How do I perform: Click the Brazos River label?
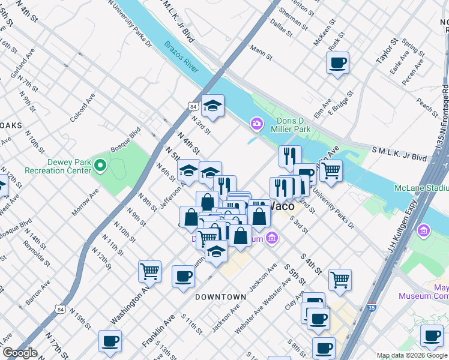pos(181,57)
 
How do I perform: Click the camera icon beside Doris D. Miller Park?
pos(257,124)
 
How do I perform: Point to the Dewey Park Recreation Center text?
pos(58,166)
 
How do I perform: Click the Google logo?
pos(20,353)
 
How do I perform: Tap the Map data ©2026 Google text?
pos(412,355)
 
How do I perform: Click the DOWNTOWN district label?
pos(221,297)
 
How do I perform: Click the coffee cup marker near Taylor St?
pos(337,62)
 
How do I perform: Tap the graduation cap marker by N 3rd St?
pos(212,106)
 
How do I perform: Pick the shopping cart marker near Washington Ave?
pos(149,271)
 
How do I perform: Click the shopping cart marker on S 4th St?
pos(340,278)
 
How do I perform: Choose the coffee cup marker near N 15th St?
pos(110,341)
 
